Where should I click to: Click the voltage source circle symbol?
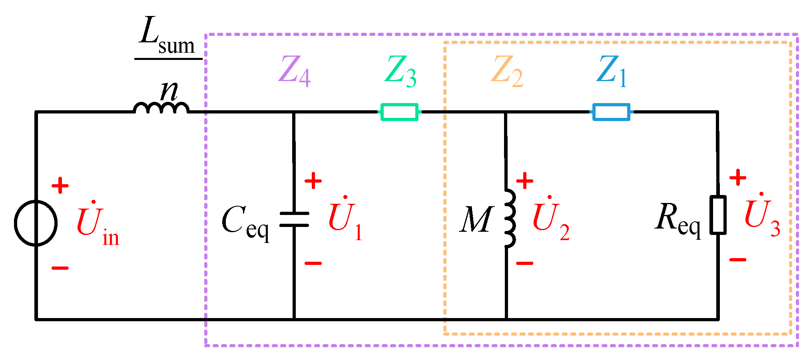click(36, 223)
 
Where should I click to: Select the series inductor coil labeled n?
click(161, 108)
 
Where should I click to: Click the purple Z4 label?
click(295, 71)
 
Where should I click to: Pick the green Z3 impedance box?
click(399, 112)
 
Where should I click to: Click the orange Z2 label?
click(507, 71)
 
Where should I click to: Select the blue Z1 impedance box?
click(611, 112)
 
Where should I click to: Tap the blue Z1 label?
click(611, 71)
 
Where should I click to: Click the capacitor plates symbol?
click(294, 219)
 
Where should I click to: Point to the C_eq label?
click(245, 222)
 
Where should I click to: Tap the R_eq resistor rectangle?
click(718, 215)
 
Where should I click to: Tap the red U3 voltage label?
click(762, 216)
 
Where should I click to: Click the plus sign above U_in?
click(60, 186)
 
